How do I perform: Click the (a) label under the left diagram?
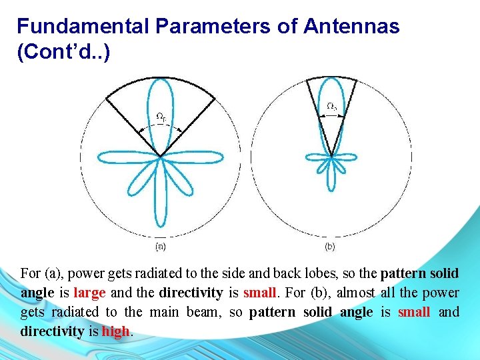(160, 247)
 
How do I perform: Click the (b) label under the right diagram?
(330, 247)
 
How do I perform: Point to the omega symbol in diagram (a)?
(160, 117)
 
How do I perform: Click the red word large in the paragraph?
(89, 293)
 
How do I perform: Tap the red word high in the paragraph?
(116, 331)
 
